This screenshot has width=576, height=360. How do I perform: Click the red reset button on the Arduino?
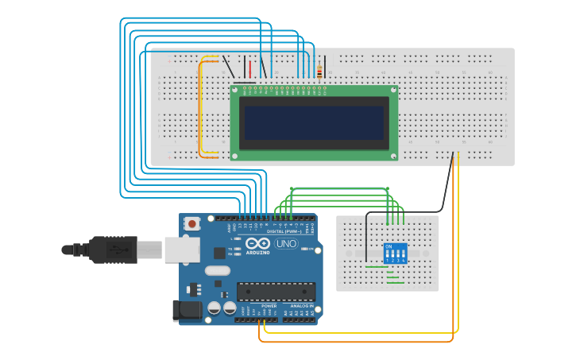point(192,225)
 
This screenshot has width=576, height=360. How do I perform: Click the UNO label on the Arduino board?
point(286,244)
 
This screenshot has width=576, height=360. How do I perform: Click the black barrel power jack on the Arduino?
point(187,311)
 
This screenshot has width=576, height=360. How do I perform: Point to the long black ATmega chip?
point(276,292)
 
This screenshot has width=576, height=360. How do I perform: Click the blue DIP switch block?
point(395,254)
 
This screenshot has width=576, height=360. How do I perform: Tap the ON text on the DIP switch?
point(389,246)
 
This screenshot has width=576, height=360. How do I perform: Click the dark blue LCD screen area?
point(314,122)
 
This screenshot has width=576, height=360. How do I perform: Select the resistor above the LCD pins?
point(319,72)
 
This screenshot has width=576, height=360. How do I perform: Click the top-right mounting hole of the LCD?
point(392,90)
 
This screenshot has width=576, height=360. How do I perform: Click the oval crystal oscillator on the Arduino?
point(217,270)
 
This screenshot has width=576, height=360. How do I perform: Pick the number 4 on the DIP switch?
point(404,261)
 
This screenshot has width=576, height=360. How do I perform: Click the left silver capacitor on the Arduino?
point(214,308)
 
